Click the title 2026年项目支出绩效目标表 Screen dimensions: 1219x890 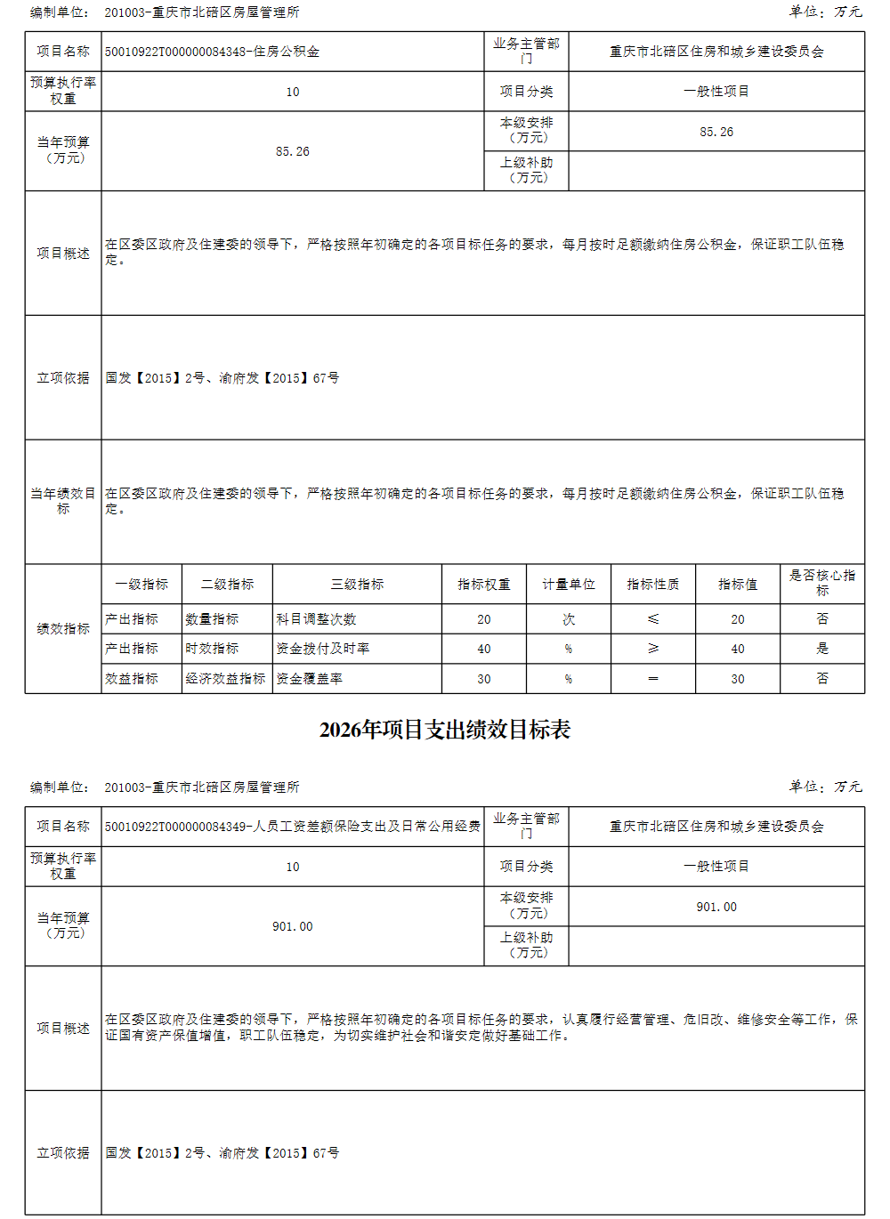(444, 730)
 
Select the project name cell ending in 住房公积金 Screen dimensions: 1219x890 (212, 52)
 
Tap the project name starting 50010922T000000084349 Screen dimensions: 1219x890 (292, 827)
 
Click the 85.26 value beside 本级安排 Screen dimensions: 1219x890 (716, 132)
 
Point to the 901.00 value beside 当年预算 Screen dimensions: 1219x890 (292, 926)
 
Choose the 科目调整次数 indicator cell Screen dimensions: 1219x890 (316, 619)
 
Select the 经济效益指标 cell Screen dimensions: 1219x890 (225, 679)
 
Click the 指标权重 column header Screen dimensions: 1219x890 (483, 585)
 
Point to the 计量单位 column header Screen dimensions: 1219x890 (568, 585)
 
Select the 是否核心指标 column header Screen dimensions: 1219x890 (821, 583)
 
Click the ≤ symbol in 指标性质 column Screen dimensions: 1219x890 (652, 619)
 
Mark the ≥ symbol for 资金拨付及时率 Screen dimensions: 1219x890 (652, 649)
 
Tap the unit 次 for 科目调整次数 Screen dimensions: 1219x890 (568, 619)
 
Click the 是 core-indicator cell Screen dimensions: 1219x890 (821, 649)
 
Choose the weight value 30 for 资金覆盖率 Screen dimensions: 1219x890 (483, 679)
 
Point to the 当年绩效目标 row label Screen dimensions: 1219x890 (63, 501)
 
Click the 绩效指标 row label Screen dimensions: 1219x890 (63, 629)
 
